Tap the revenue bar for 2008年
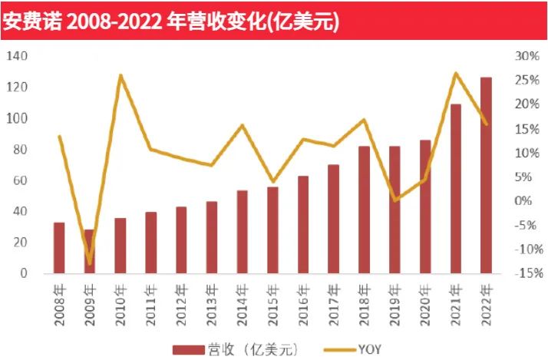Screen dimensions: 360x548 59,247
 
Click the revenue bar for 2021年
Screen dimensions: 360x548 455,188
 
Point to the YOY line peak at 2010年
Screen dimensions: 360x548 120,75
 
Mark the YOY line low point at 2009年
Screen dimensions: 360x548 90,263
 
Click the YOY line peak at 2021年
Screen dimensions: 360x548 455,73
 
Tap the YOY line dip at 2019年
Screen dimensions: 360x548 394,200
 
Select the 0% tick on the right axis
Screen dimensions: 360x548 525,201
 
